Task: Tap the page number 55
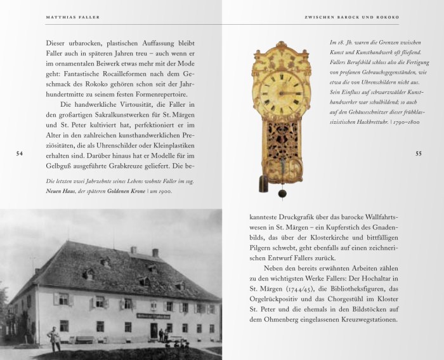click(x=418, y=154)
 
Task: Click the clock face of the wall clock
click(x=278, y=94)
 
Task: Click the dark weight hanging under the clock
click(x=262, y=184)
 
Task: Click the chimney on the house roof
click(x=155, y=252)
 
